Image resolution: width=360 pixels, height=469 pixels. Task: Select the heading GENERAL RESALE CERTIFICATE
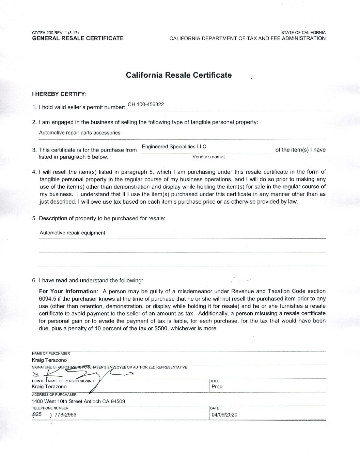pos(78,38)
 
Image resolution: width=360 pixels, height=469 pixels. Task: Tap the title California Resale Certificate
pos(179,75)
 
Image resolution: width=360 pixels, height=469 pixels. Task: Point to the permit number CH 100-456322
pos(146,105)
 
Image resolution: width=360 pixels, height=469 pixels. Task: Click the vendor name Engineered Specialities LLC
pos(174,147)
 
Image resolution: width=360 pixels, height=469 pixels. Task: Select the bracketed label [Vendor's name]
pos(208,157)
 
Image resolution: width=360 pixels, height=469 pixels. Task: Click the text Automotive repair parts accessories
pos(80,133)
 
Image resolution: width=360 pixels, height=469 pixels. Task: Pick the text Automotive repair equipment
pos(72,233)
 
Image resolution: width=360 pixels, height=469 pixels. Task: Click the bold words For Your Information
pos(68,291)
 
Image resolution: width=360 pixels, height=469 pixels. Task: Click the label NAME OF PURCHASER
pos(51,354)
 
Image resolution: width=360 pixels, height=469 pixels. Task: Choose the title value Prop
pos(217,387)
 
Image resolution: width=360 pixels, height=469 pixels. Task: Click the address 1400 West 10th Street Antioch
pos(78,402)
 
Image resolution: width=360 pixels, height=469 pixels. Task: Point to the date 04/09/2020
pos(224,415)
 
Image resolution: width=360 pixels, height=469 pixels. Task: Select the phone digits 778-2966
pos(65,415)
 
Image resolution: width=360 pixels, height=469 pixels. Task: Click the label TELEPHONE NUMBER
pos(50,408)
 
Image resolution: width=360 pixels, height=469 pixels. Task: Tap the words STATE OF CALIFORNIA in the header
pos(303,33)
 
